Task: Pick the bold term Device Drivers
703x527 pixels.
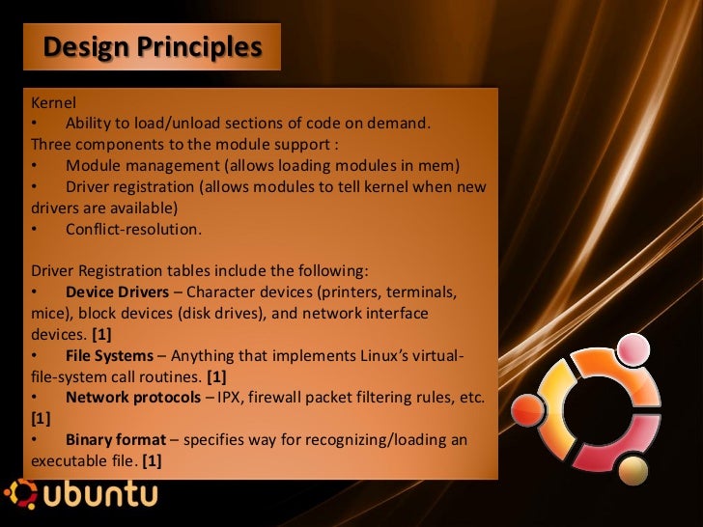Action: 123,291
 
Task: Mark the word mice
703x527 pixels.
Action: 48,313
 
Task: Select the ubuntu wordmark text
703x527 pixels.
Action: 100,497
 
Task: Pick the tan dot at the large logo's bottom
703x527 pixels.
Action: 633,470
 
